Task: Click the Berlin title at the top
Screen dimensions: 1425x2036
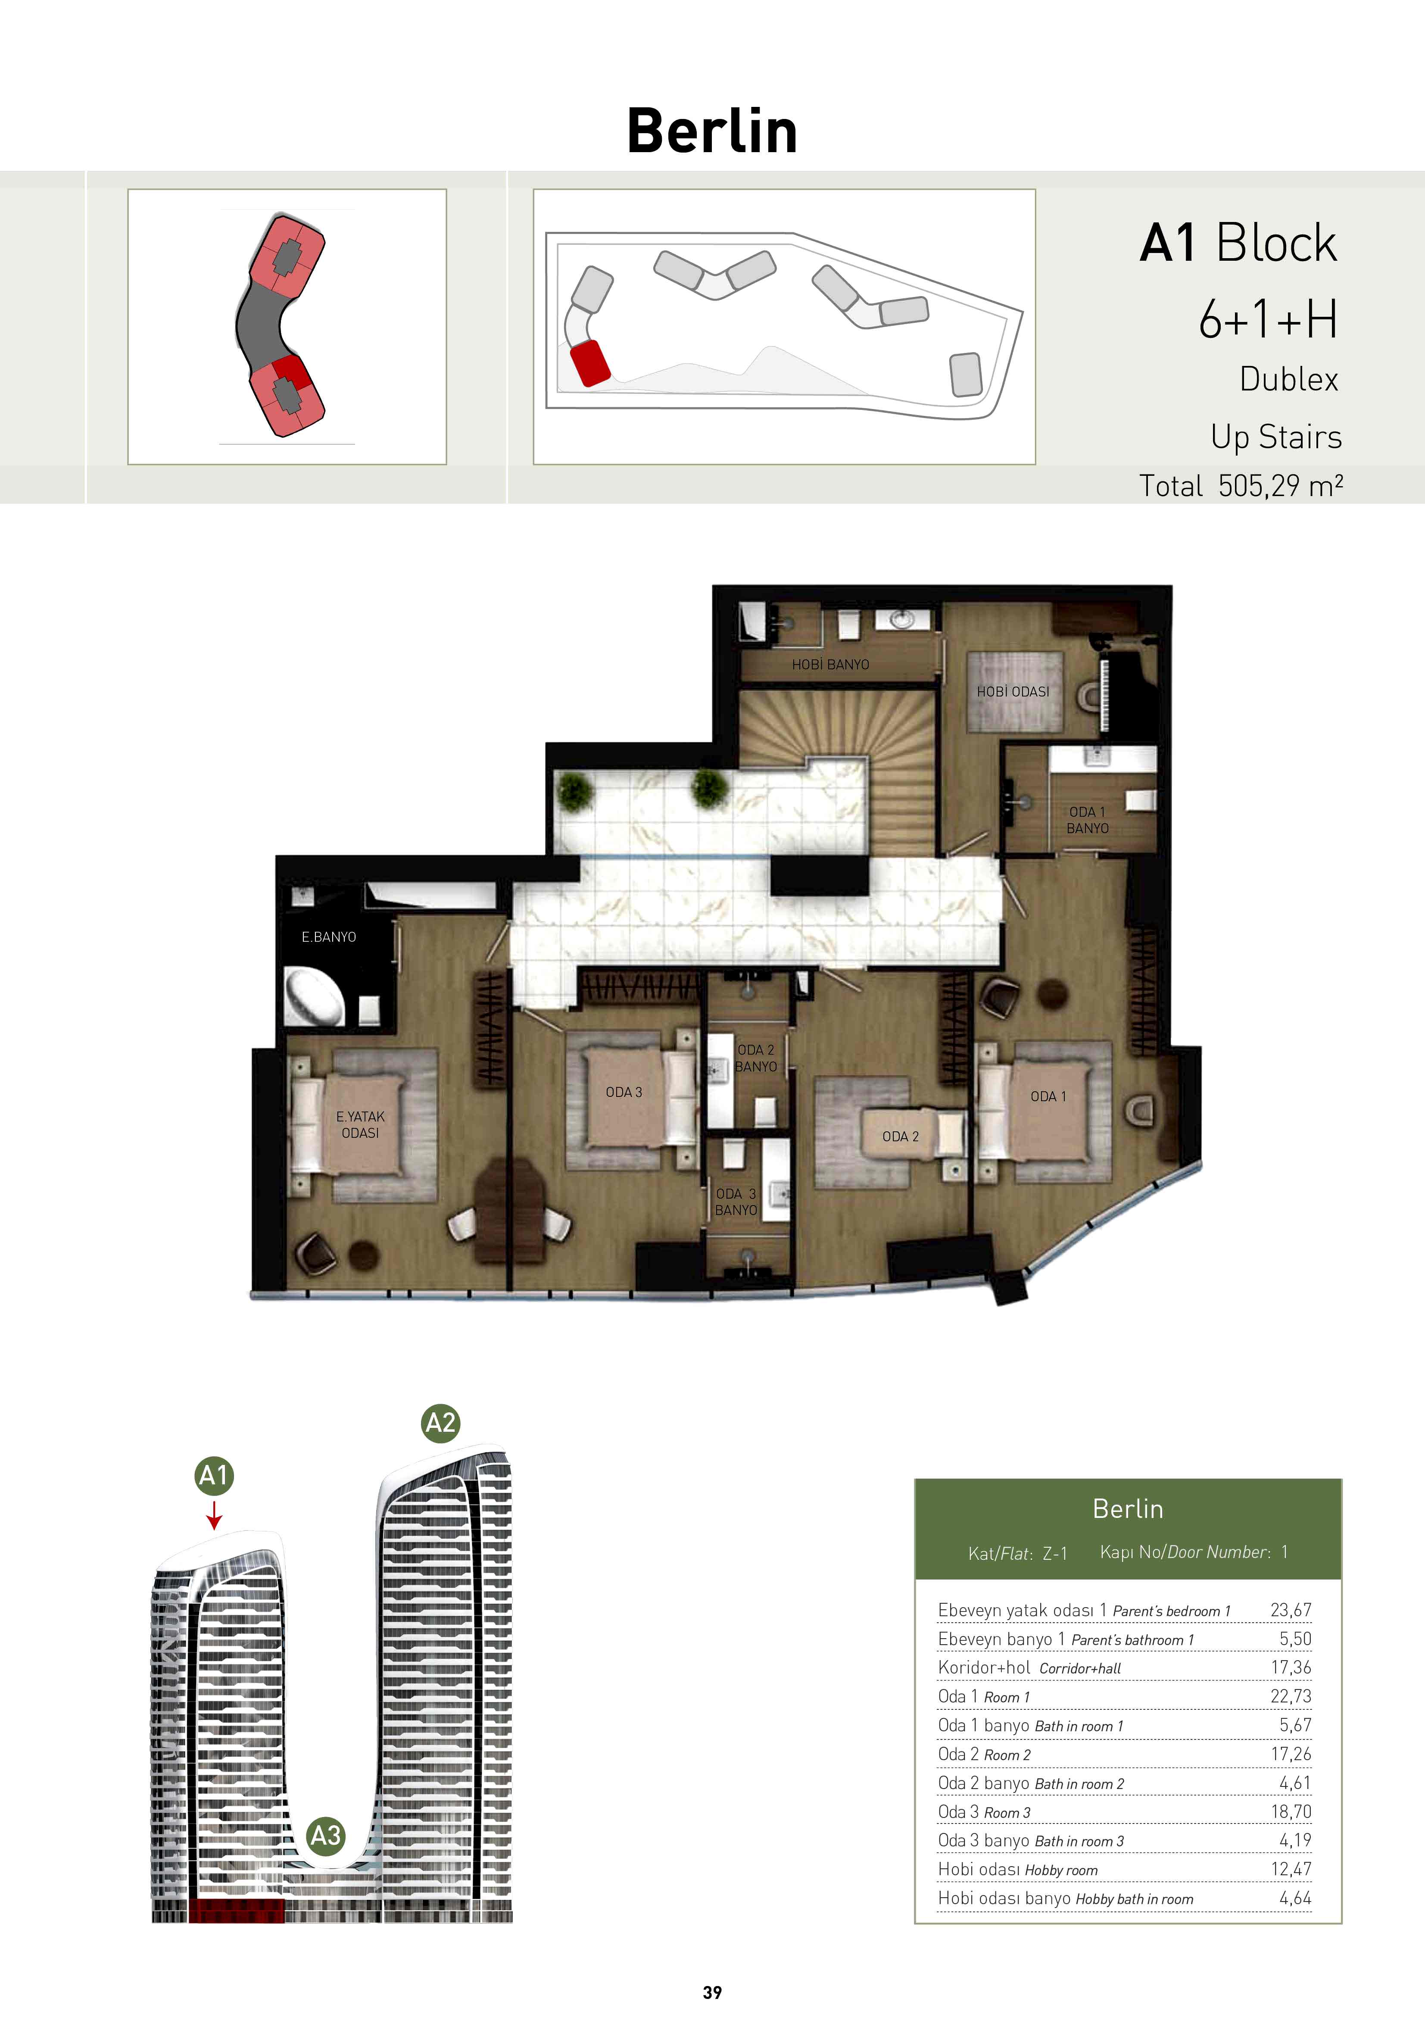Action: [712, 131]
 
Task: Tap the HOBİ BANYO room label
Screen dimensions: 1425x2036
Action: [830, 664]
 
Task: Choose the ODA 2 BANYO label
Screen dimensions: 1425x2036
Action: [755, 1058]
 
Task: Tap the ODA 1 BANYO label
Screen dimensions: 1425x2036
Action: [1087, 820]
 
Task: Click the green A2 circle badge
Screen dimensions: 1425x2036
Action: [441, 1423]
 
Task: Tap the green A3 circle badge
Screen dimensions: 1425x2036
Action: [325, 1836]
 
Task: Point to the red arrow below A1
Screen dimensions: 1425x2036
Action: [214, 1514]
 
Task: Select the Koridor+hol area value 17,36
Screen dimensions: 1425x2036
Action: [1290, 1667]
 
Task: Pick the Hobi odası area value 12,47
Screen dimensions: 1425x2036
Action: [1290, 1869]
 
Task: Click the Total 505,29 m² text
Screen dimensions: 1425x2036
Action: [1241, 486]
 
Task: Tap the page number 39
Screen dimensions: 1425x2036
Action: [712, 1992]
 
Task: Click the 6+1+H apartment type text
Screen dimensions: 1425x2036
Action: [1268, 319]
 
